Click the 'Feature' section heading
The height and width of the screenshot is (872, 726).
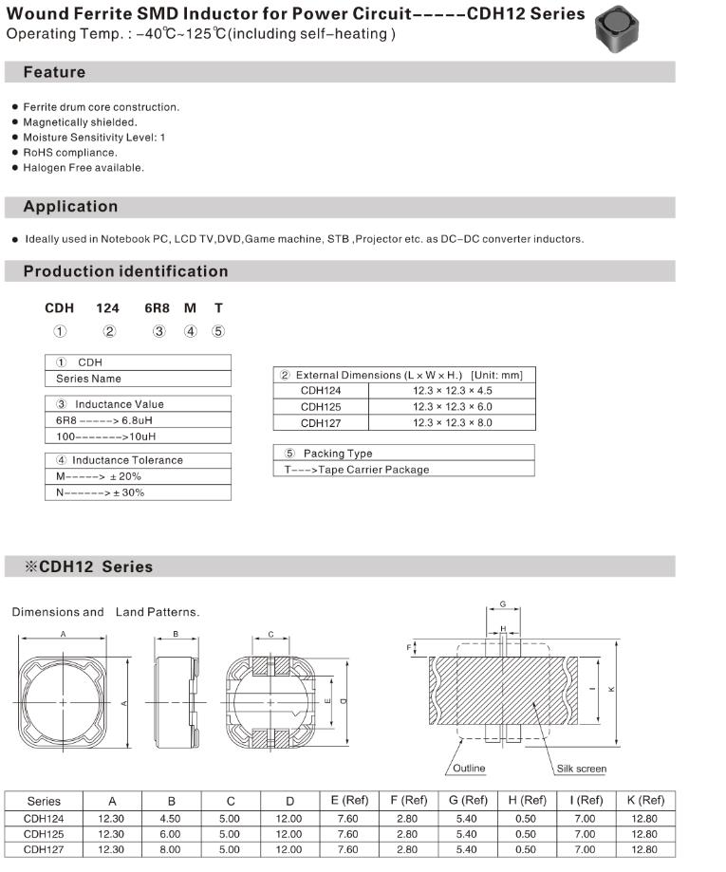54,73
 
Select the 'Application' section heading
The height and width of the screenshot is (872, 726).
70,207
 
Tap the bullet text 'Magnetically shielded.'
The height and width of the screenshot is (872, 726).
80,122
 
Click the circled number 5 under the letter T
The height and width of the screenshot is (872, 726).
218,331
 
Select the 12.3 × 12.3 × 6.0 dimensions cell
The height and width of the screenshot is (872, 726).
452,406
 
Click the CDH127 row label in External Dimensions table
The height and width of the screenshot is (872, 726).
320,422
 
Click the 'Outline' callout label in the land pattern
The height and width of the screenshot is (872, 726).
468,769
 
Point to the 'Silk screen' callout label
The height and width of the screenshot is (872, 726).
581,769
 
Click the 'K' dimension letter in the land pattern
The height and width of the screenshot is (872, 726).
610,689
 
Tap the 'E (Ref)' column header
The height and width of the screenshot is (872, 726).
349,801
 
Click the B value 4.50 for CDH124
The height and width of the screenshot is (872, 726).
172,819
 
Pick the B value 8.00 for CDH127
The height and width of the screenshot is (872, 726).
172,849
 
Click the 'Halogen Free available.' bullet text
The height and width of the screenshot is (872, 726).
84,168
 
